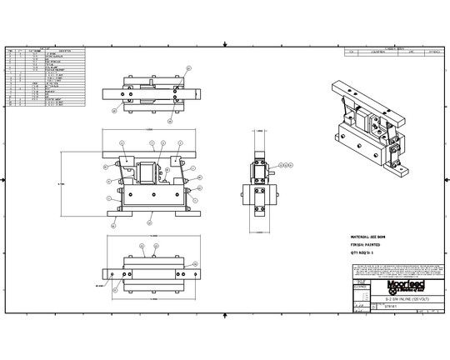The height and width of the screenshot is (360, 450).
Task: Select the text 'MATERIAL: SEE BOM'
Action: (x=367, y=237)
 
